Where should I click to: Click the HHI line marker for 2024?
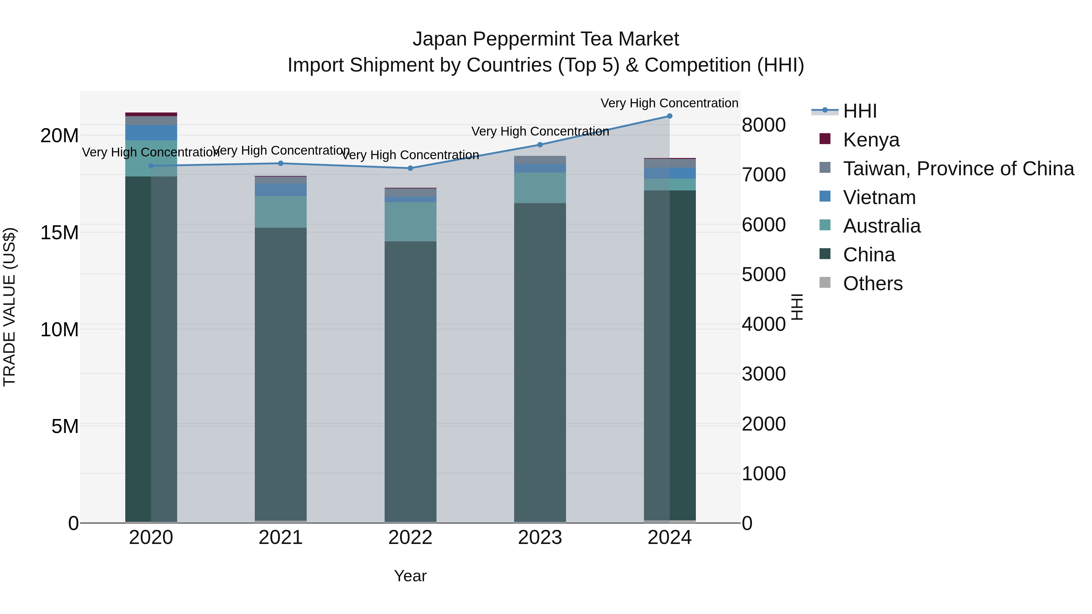click(669, 116)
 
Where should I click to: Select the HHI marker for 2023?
click(540, 145)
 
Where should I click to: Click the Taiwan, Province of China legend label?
click(959, 168)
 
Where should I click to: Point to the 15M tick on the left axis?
click(59, 233)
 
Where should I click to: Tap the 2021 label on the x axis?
click(281, 538)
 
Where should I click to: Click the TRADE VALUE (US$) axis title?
click(9, 307)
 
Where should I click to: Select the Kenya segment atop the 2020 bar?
click(151, 114)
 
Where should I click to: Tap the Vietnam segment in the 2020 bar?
click(151, 133)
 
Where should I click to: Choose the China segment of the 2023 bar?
click(540, 362)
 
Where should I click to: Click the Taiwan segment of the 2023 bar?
click(540, 160)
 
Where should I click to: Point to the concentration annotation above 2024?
click(669, 103)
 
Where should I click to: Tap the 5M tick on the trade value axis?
click(65, 426)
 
